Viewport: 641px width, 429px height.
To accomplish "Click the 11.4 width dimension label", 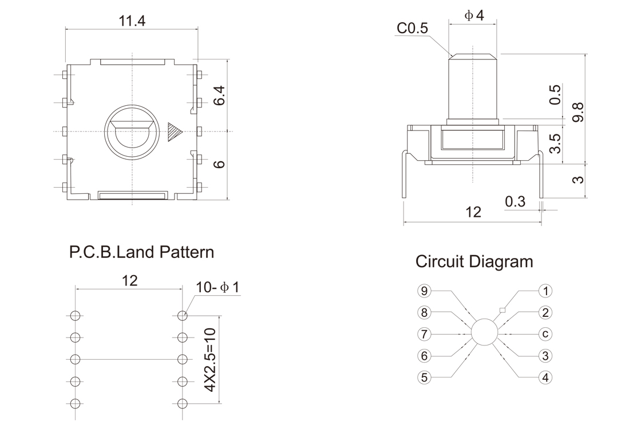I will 132,21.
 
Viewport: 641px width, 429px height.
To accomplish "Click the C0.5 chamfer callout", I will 413,29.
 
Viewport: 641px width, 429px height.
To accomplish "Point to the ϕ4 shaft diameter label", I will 474,15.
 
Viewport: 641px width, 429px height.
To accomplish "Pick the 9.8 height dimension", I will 579,112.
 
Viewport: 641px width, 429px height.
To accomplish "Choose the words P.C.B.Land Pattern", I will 141,252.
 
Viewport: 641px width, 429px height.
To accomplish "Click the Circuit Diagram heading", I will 474,262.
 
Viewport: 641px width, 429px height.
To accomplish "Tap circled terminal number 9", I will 424,291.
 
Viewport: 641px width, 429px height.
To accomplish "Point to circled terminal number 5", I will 424,378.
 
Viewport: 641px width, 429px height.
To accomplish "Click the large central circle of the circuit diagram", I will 484,332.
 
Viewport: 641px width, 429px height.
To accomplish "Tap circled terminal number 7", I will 424,334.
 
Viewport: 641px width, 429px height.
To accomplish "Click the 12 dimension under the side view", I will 473,212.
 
